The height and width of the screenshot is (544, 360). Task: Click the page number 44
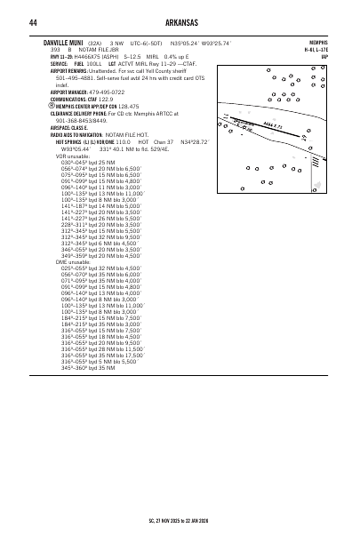(32, 22)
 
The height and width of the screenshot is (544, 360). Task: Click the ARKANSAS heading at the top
(180, 22)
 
